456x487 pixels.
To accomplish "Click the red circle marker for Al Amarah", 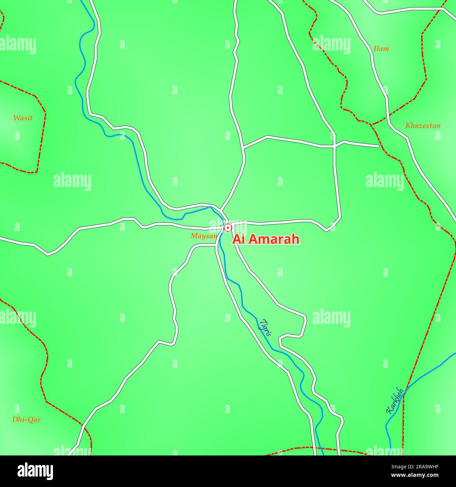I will (228, 228).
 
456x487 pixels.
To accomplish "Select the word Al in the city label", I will (239, 239).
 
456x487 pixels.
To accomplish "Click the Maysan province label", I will (204, 236).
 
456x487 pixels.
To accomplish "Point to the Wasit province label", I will (23, 118).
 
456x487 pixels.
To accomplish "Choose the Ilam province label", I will (381, 49).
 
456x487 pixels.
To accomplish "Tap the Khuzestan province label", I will (423, 126).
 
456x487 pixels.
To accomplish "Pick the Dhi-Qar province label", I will (26, 420).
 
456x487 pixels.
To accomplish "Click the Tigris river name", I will (266, 327).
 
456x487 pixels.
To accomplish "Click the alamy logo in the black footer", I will (35, 471).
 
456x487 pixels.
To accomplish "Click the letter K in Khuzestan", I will (408, 126).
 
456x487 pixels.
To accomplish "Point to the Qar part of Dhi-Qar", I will (34, 420).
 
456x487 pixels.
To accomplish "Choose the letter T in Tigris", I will (263, 321).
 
